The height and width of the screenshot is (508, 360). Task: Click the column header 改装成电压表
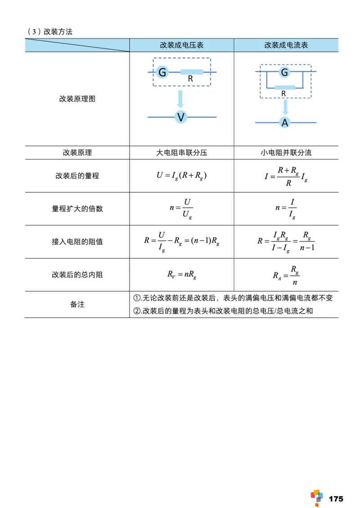click(181, 45)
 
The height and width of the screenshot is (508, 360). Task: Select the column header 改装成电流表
click(286, 45)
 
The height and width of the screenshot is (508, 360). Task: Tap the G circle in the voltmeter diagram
click(162, 72)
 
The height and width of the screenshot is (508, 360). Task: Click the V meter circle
click(181, 117)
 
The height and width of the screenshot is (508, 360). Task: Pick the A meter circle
click(284, 122)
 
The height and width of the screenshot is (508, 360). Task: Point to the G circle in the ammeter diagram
click(284, 72)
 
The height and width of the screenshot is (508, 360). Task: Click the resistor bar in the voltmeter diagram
click(192, 72)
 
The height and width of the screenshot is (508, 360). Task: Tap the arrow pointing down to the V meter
click(181, 99)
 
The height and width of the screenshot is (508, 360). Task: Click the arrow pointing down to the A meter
click(284, 107)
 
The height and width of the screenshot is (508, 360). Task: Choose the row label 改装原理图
click(77, 99)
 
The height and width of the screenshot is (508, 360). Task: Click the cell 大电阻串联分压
click(181, 152)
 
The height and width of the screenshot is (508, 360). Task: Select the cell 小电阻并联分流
click(286, 152)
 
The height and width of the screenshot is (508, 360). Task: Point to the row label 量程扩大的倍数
click(77, 209)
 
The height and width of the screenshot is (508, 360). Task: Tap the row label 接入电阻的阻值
click(77, 241)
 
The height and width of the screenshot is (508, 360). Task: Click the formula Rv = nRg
click(181, 274)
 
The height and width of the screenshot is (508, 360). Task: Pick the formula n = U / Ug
click(181, 209)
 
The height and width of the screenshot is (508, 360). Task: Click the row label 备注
click(77, 304)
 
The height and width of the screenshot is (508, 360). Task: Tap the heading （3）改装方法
click(50, 31)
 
